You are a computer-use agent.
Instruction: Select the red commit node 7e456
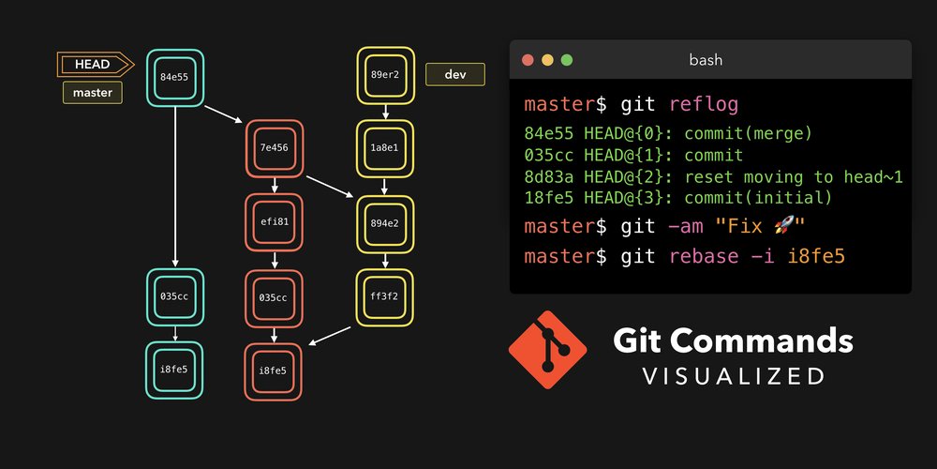275,148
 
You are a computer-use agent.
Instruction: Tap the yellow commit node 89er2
385,75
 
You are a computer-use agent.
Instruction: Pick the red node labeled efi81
275,222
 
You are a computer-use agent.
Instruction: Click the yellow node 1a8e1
385,148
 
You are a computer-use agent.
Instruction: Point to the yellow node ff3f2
385,297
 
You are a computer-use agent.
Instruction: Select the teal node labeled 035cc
175,297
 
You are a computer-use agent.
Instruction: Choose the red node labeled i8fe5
275,371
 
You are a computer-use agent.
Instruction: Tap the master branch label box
93,93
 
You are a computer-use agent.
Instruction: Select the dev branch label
455,74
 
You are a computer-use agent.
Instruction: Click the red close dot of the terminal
528,60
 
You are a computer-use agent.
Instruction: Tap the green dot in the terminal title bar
566,60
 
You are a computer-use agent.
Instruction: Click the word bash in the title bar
706,60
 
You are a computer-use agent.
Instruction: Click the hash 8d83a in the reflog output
544,176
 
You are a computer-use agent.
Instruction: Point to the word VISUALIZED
733,375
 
